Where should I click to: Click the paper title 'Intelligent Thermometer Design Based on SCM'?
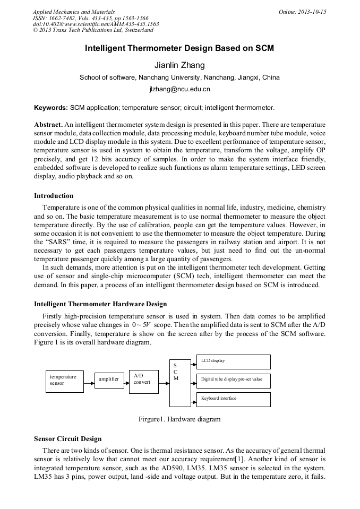pyautogui.click(x=179, y=48)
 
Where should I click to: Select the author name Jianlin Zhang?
pyautogui.click(x=179, y=65)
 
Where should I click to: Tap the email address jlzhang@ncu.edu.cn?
pyautogui.click(x=179, y=89)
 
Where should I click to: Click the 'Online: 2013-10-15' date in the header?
pyautogui.click(x=302, y=12)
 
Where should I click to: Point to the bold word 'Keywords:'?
pyautogui.click(x=51, y=107)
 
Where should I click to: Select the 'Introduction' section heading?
pyautogui.click(x=54, y=196)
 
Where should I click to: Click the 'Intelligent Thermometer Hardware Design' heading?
pyautogui.click(x=100, y=304)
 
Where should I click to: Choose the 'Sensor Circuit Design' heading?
pyautogui.click(x=67, y=439)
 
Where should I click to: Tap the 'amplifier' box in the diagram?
pyautogui.click(x=109, y=379)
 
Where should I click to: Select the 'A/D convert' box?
pyautogui.click(x=143, y=381)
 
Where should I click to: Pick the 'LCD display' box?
pyautogui.click(x=233, y=361)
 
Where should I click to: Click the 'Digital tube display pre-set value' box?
pyautogui.click(x=233, y=380)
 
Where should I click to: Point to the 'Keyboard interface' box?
pyautogui.click(x=233, y=399)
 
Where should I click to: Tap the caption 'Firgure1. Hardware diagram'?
pyautogui.click(x=179, y=419)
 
